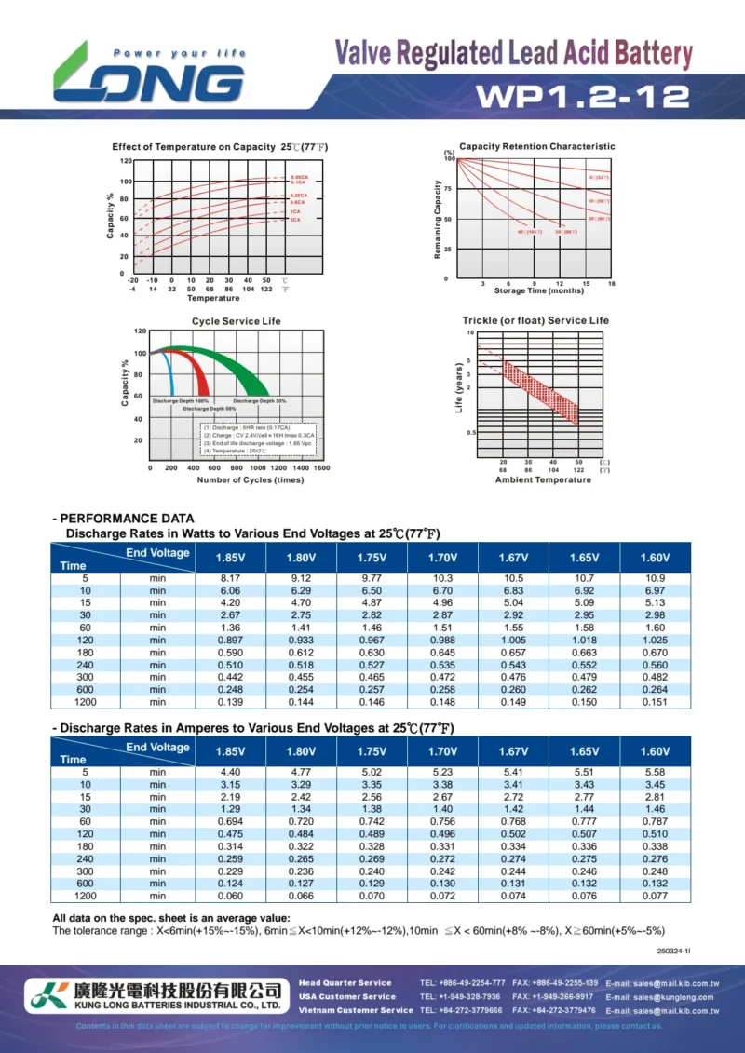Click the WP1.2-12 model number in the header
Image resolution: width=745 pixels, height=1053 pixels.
[583, 97]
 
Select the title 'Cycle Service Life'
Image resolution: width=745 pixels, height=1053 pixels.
[236, 321]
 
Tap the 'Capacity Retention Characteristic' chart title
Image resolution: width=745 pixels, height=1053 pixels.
[537, 146]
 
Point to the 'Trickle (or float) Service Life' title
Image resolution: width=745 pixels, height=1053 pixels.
[535, 320]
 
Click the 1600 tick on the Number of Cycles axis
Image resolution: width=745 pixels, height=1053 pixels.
[320, 468]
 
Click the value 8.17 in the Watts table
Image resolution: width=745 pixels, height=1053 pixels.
[231, 578]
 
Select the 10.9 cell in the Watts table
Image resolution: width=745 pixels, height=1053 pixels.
[655, 578]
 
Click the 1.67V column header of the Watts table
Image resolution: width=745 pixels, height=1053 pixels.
[513, 557]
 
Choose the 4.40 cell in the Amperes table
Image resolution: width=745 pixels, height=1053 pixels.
[231, 772]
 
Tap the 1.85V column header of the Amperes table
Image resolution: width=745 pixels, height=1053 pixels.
[231, 751]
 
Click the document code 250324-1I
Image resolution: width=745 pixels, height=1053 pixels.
[673, 951]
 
